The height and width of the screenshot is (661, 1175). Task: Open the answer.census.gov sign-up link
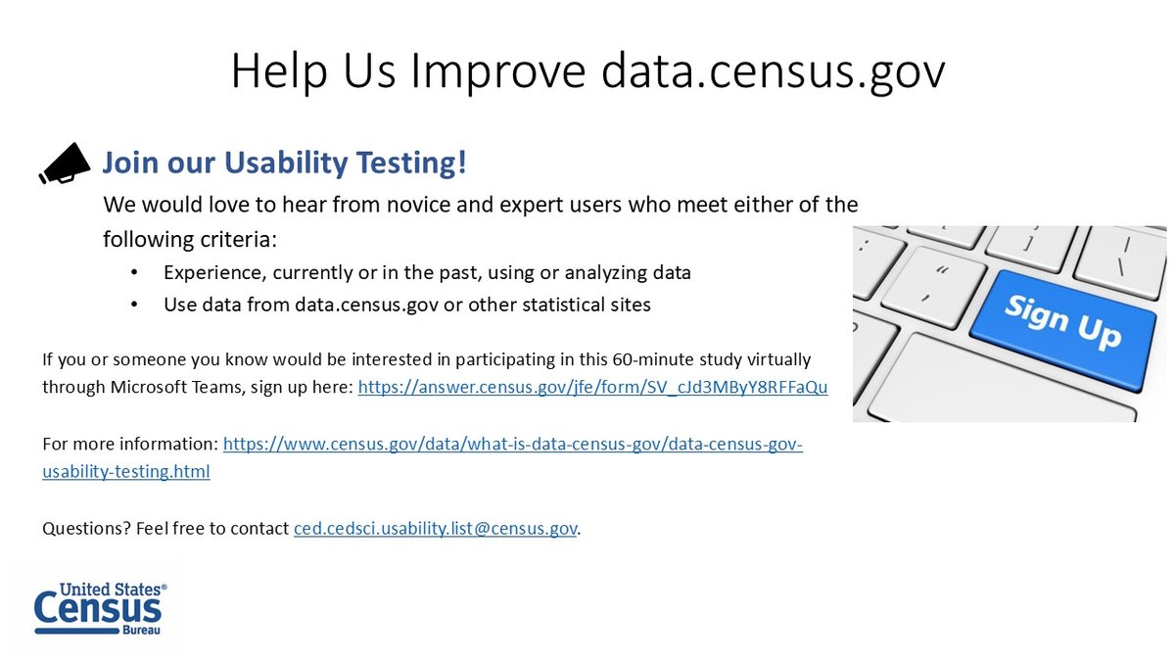point(592,388)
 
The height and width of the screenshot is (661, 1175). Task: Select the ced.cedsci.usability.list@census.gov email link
point(436,529)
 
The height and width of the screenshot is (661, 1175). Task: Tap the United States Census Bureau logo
point(99,609)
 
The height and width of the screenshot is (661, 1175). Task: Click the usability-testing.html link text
point(126,472)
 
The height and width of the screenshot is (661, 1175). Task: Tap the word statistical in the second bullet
point(556,305)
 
